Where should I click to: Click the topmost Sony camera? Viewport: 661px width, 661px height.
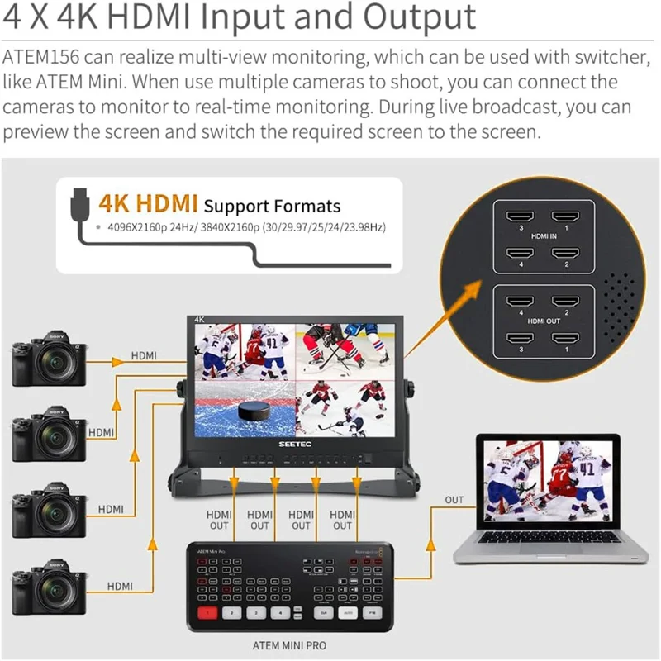[50, 359]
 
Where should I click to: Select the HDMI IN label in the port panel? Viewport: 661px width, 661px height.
[543, 236]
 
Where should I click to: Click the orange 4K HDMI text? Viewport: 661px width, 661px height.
[147, 204]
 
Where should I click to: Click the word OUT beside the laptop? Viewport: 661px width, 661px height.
[454, 500]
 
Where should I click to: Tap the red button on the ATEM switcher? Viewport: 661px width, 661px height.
[208, 613]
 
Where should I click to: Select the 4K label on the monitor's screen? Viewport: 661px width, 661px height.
[199, 319]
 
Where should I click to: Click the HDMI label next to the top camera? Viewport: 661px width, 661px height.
[146, 356]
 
